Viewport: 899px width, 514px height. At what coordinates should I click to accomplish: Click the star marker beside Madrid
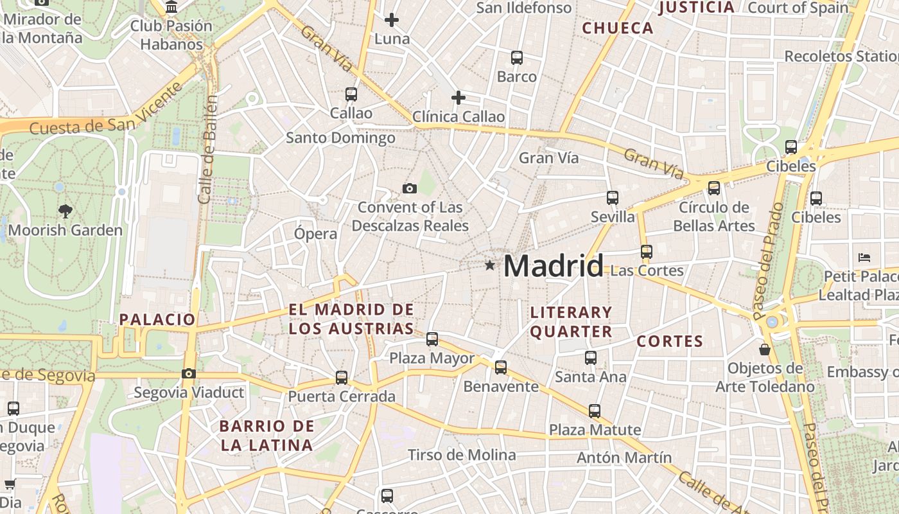point(490,265)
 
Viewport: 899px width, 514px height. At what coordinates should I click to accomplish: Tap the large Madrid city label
point(553,265)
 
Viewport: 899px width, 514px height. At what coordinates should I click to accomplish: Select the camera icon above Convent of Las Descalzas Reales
point(409,188)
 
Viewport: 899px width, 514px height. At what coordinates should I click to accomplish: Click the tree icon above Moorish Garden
point(65,210)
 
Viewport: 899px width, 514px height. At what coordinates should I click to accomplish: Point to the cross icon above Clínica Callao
point(458,98)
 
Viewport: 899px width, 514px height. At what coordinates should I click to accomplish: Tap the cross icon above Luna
point(391,20)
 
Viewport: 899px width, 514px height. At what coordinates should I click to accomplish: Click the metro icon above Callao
point(351,94)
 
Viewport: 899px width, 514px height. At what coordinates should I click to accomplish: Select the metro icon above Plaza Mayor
point(432,339)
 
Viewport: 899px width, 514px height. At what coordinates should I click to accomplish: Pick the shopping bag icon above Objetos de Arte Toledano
point(764,350)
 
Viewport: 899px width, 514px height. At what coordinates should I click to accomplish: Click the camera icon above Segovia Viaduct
point(188,373)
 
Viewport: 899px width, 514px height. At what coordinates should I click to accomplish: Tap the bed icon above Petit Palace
point(864,258)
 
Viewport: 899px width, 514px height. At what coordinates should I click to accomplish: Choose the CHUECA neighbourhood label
point(617,28)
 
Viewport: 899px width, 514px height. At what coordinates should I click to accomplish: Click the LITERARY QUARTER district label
point(571,322)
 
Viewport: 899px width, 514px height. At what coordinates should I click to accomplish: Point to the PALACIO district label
point(157,319)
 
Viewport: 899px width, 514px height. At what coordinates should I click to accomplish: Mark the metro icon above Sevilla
point(613,198)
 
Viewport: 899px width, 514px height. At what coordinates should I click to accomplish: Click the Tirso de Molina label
point(462,455)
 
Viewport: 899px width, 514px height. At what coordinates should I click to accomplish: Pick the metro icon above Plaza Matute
point(595,411)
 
